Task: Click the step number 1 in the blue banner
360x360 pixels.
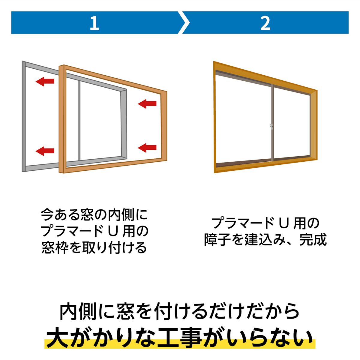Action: point(94,23)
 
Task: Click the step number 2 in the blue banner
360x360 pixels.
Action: point(265,23)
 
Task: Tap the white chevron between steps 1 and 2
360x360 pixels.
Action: point(184,23)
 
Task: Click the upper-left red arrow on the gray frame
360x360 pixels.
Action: point(45,81)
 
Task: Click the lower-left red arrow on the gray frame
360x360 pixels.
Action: point(45,150)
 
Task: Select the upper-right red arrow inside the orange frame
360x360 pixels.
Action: point(147,104)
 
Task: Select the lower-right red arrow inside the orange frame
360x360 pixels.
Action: point(147,147)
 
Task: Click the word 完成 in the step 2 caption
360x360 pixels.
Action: point(313,240)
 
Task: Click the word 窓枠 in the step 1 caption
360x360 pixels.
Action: point(55,248)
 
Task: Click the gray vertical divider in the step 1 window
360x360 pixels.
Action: point(79,120)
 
